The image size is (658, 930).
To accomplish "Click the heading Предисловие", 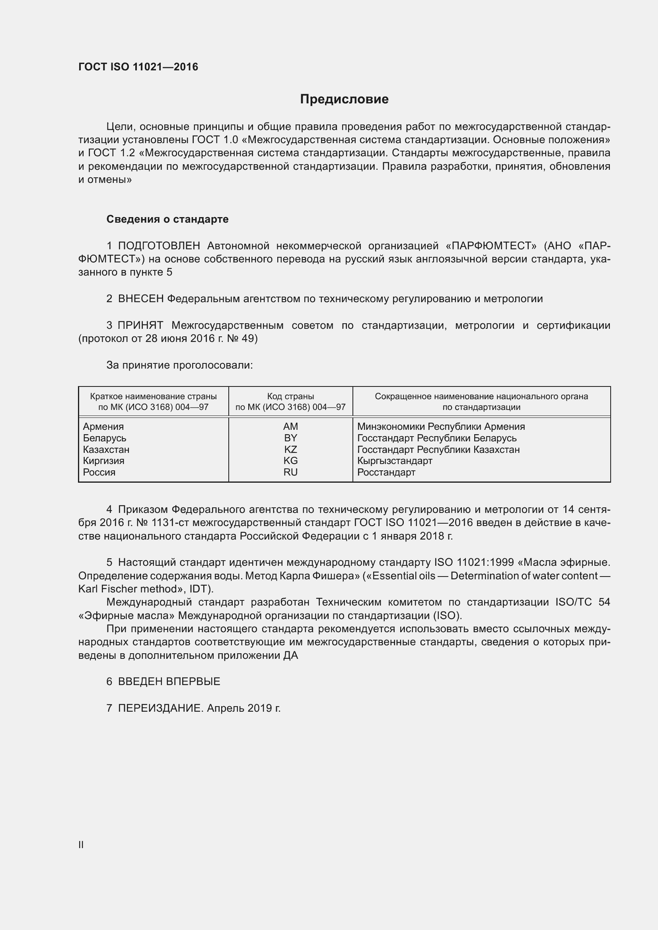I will coord(344,99).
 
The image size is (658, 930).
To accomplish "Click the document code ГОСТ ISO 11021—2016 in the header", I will coord(138,67).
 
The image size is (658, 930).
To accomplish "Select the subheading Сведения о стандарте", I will coord(167,219).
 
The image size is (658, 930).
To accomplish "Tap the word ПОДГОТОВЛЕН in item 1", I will coord(159,246).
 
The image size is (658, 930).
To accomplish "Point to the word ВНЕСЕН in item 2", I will coord(140,299).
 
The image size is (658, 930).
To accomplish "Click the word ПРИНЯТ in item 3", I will coord(140,325).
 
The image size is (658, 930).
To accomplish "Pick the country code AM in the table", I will coord(290,427).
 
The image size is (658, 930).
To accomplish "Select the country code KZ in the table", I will coord(290,450).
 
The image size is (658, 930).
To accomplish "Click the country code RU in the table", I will coord(290,472).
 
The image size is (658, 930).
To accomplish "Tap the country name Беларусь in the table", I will coord(105,438).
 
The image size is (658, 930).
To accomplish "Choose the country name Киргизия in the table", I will coord(104,461).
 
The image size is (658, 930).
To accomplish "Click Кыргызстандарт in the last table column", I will coord(395,461).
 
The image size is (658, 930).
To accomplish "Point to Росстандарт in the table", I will coord(386,472).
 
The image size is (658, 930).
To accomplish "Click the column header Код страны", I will coord(290,396).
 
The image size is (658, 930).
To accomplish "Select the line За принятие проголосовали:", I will coord(179,365).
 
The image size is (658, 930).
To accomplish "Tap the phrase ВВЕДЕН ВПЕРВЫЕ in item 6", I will coord(169,681).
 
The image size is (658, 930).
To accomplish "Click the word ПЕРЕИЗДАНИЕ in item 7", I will coord(160,708).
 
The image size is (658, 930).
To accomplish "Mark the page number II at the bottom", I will coord(81,845).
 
